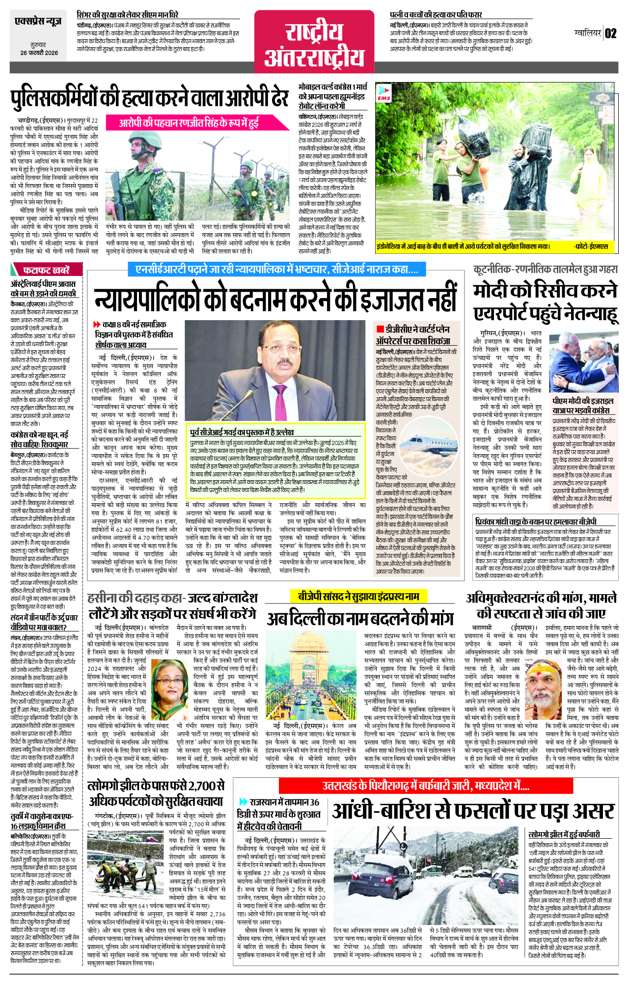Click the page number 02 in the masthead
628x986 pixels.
[610, 33]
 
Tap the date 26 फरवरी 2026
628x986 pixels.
[39, 53]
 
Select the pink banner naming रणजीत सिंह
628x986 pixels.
[189, 123]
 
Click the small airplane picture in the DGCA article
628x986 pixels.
[432, 444]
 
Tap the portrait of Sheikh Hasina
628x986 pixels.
[169, 683]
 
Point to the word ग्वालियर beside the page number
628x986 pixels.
[588, 33]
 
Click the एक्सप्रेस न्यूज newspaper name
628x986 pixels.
[38, 22]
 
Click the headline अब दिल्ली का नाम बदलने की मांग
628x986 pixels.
[360, 618]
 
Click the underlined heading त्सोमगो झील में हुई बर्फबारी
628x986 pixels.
[564, 835]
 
